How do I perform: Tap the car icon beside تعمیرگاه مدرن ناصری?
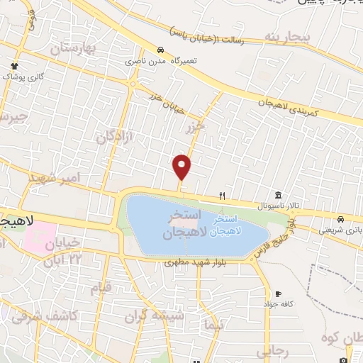click(x=161, y=50)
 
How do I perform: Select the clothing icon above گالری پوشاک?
click(x=13, y=65)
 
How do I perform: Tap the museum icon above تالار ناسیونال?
click(x=277, y=195)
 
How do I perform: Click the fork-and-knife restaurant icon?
click(x=222, y=196)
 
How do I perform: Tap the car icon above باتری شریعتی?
click(x=341, y=218)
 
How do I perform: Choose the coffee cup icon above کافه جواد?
click(x=279, y=294)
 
